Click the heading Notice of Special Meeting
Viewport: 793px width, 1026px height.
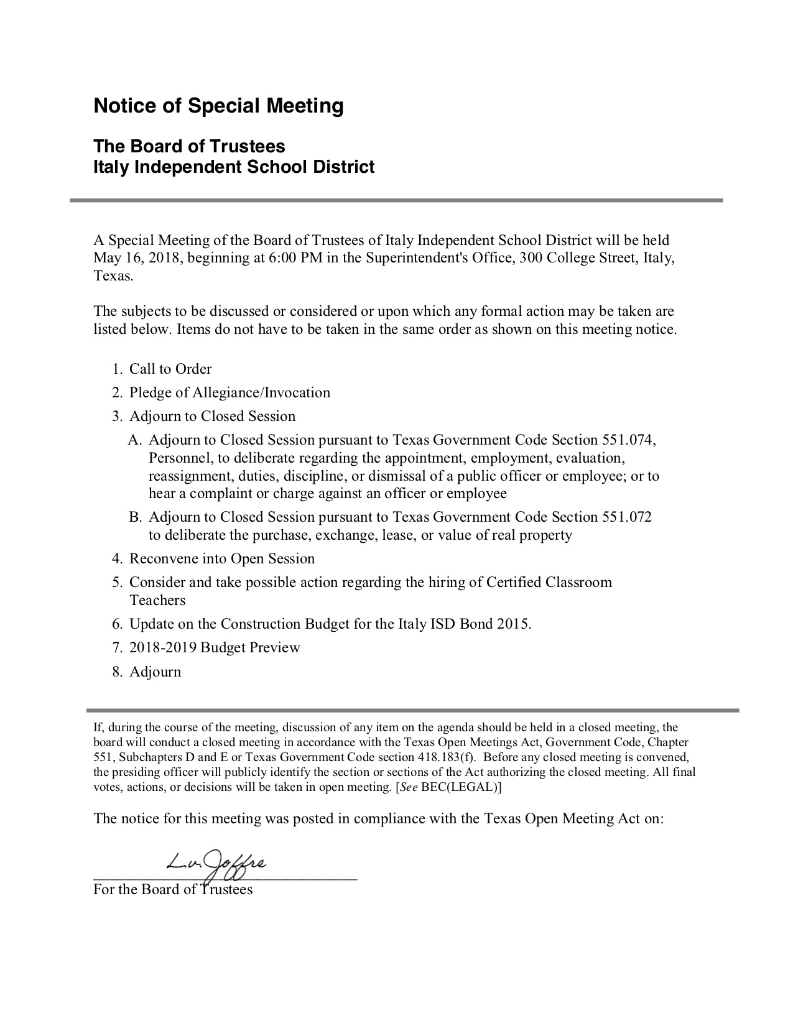coord(218,106)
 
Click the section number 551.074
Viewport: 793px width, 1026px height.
coord(629,440)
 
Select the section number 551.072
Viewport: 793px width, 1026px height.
coord(627,517)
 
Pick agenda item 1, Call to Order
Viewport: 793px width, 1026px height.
coord(170,369)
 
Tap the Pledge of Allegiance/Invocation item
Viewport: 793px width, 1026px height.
coord(230,393)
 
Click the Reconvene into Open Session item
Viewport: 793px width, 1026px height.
coord(221,559)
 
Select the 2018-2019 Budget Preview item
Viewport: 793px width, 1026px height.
coord(215,648)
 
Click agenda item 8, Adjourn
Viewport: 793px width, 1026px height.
coord(155,672)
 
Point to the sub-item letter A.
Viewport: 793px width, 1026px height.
coord(134,440)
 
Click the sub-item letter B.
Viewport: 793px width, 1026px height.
coord(134,517)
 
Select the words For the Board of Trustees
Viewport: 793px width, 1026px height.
coord(173,889)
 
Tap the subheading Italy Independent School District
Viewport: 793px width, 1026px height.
coord(234,167)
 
